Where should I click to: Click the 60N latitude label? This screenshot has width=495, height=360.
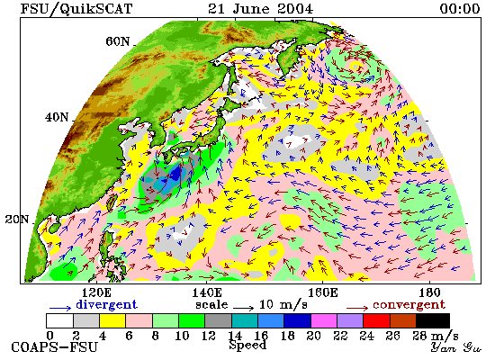point(117,41)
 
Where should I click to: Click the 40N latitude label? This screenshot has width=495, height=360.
point(57,118)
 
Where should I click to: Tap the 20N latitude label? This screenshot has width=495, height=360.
point(17,220)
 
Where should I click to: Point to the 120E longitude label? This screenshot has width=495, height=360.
point(96,293)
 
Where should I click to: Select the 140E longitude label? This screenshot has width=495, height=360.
point(207,293)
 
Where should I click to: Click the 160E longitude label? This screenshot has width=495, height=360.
point(322,293)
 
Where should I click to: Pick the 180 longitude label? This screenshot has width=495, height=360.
point(430,293)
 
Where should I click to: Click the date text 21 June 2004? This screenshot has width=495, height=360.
point(260,8)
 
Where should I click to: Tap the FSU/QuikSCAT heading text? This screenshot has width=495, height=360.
point(76,9)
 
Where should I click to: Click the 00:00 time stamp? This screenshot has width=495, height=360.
point(460,8)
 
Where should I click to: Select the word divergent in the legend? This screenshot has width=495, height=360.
point(107,304)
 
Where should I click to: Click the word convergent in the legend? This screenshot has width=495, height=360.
point(409,305)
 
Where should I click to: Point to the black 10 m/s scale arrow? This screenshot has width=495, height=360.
point(243,308)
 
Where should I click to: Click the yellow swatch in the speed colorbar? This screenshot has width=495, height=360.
point(112,320)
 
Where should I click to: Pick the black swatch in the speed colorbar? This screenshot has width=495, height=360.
point(433,320)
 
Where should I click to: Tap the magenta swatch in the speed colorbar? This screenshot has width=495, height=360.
point(324,320)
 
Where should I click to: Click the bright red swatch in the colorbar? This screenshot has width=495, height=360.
point(376,320)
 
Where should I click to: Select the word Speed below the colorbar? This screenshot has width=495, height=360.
point(247,345)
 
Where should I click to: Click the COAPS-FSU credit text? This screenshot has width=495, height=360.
point(54,347)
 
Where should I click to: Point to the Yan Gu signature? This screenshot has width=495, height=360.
point(456,347)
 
